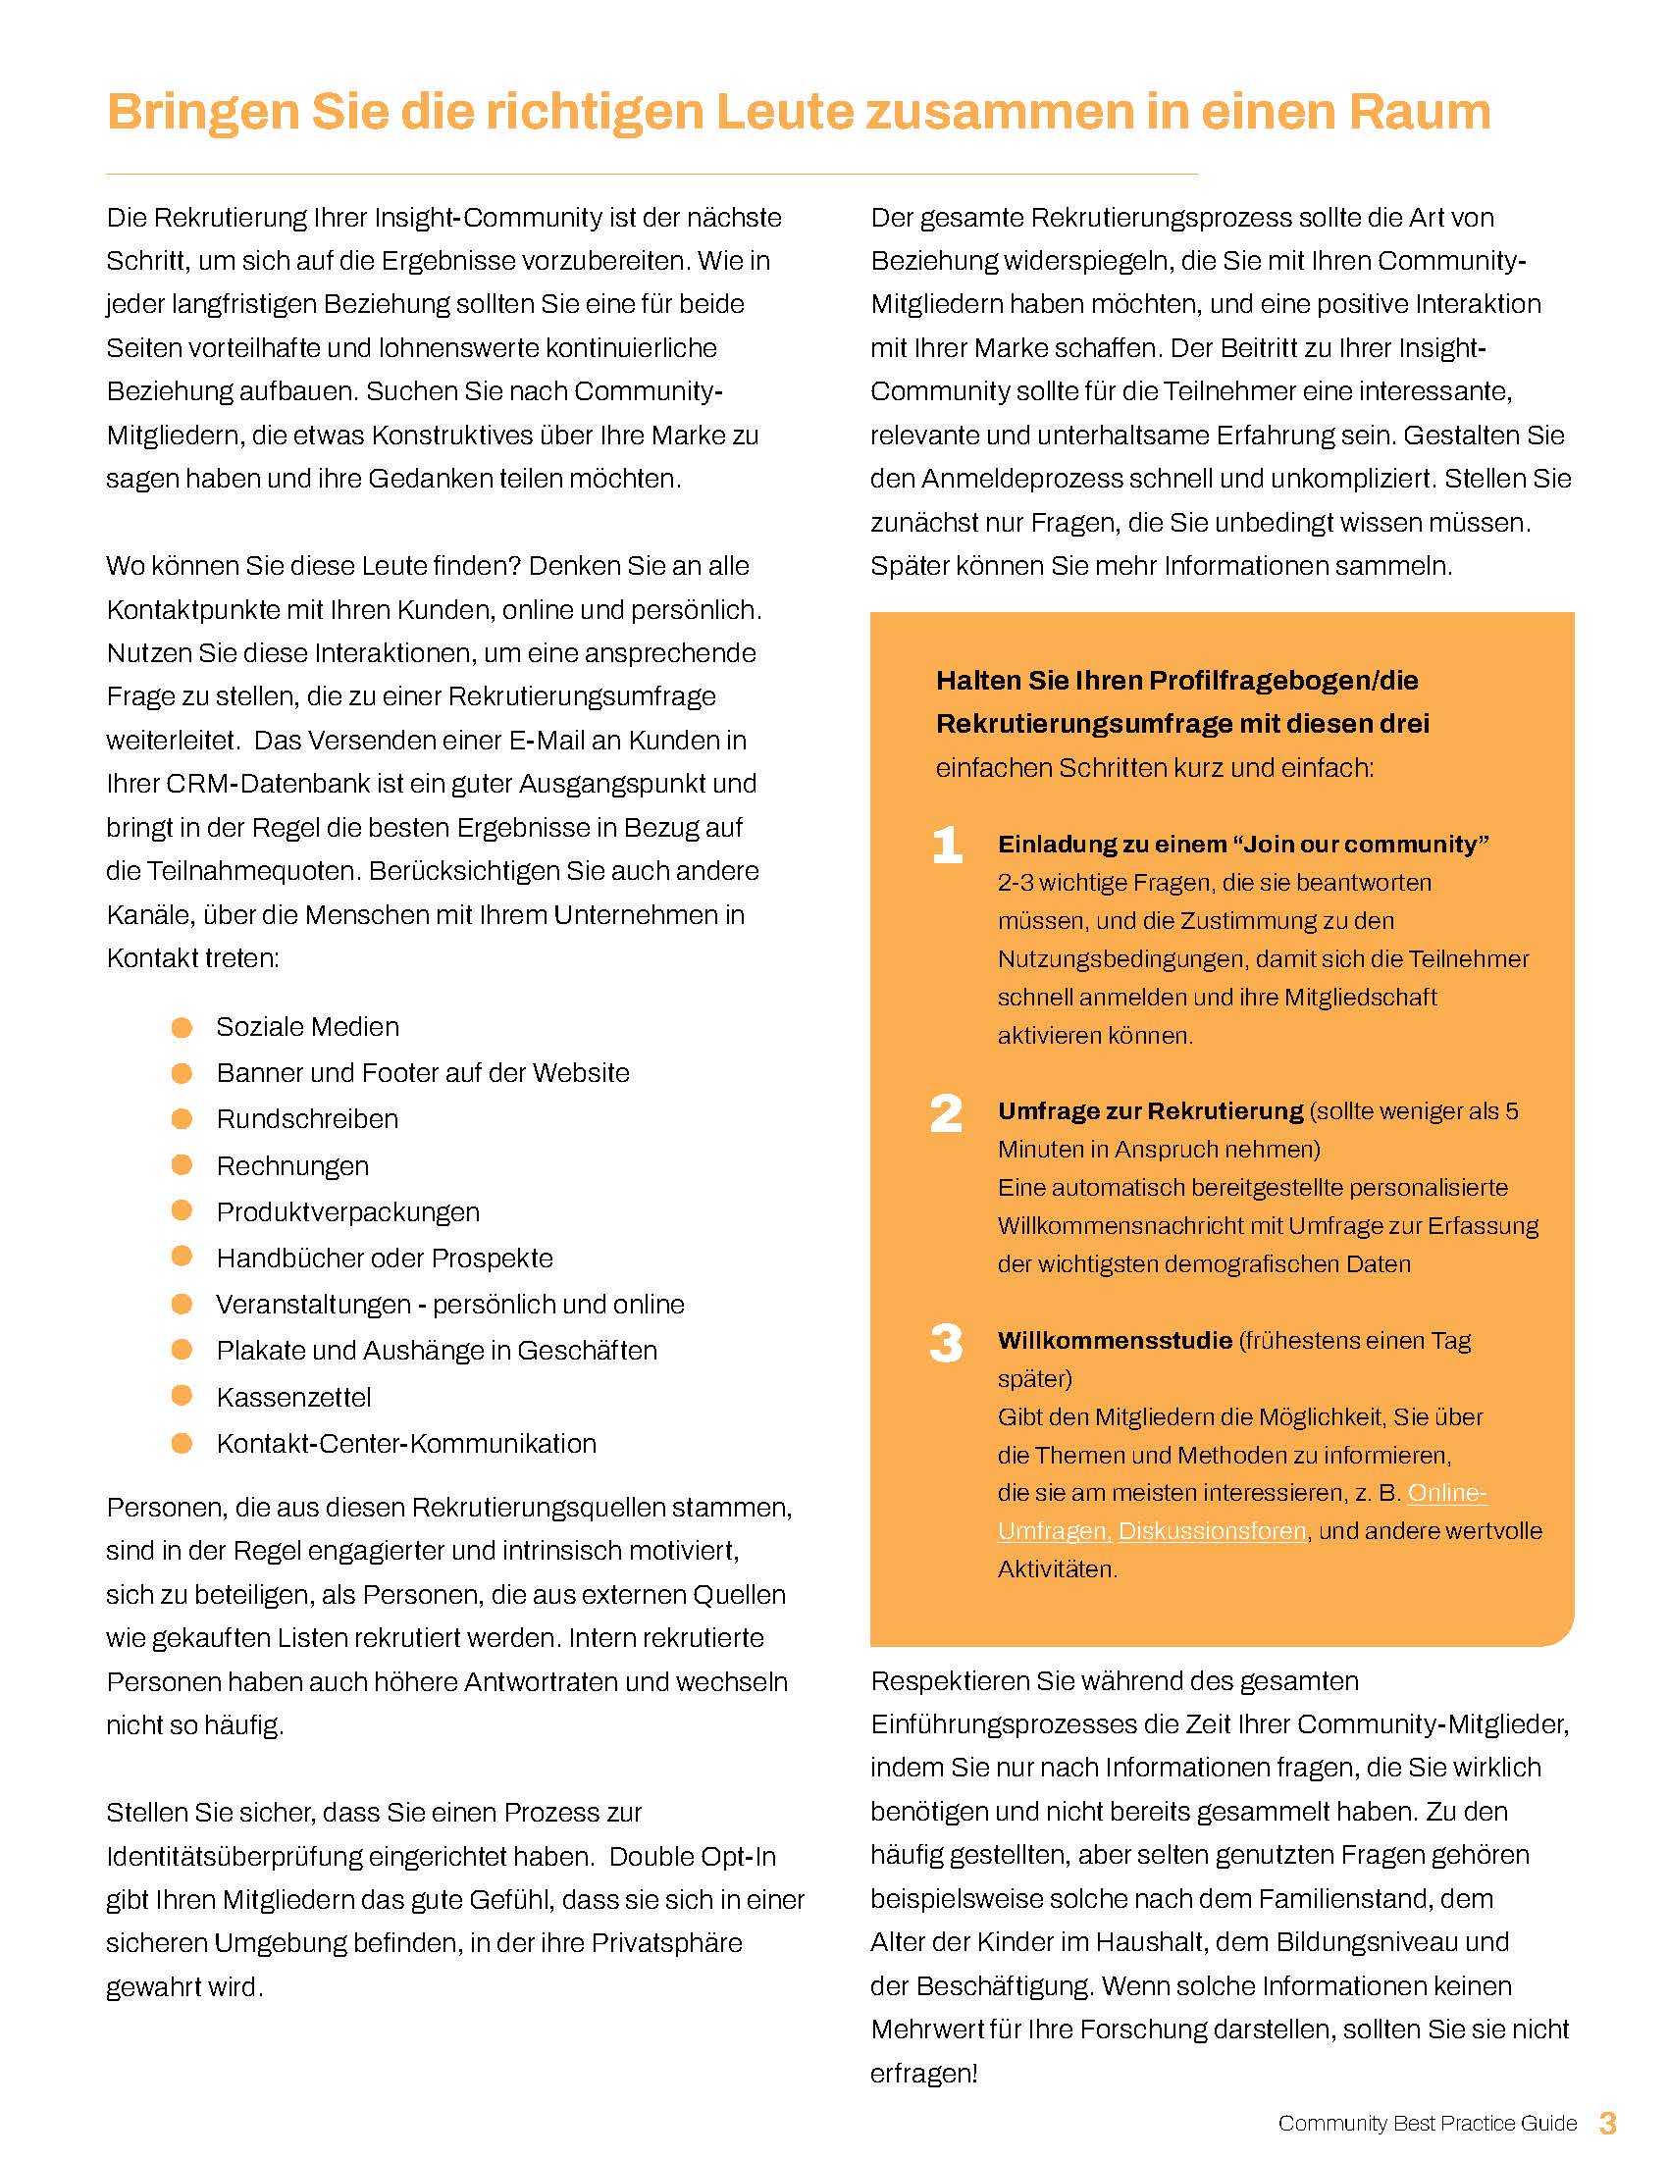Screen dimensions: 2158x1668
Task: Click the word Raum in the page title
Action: (x=1419, y=113)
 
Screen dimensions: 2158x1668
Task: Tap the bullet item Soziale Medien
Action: (x=307, y=1027)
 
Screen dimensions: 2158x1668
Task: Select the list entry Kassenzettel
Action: (x=293, y=1397)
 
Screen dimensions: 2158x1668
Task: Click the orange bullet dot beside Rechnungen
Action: (x=182, y=1165)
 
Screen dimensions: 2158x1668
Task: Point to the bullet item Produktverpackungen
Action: (x=348, y=1212)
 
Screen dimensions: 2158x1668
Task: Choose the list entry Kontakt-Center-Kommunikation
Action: (x=406, y=1444)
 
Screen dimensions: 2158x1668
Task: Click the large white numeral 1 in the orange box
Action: (x=947, y=845)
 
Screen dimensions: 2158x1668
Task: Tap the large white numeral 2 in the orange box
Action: (x=946, y=1113)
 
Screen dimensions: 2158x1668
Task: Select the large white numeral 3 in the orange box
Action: (x=946, y=1343)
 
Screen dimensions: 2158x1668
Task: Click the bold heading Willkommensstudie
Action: (x=1115, y=1341)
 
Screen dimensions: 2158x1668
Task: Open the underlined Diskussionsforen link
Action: (x=1213, y=1531)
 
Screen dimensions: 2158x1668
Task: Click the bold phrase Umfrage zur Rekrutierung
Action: (x=1150, y=1111)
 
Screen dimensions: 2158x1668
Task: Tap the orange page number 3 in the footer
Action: (x=1608, y=2123)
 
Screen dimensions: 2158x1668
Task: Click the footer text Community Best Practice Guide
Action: (x=1427, y=2124)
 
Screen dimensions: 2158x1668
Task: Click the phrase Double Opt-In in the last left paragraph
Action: (x=692, y=1857)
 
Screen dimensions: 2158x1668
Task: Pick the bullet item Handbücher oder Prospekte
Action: (x=385, y=1258)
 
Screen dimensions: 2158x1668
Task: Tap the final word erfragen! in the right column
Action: (x=924, y=2073)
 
